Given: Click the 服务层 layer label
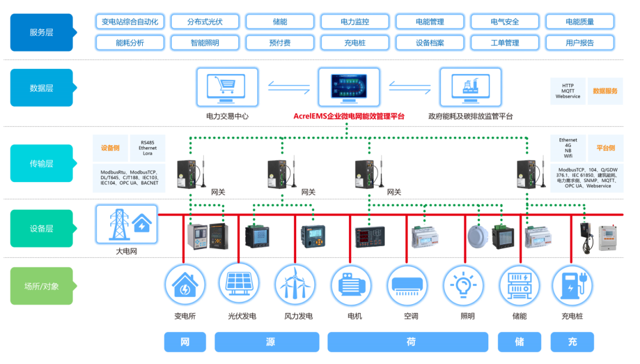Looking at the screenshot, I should pos(41,33).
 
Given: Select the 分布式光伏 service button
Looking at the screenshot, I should pos(204,22).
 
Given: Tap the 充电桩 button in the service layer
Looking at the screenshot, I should pos(354,43).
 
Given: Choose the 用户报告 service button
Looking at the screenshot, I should pos(580,43).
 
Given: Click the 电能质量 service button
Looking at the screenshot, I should pos(580,22).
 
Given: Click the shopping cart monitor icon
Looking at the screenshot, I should pos(228,87).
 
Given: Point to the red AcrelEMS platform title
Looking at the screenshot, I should pos(349,117).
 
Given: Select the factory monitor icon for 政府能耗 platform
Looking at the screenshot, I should pos(470,87).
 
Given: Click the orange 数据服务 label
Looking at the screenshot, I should pos(605,91).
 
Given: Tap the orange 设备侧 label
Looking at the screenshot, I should pos(110,148).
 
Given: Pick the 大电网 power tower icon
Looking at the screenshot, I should pos(126,225).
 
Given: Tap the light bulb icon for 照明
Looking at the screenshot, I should pos(464,284).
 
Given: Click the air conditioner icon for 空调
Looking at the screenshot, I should pos(408,284).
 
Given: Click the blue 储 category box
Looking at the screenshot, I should pos(519,342).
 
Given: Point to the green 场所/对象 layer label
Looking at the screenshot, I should pos(41,286).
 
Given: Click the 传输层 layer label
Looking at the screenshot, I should pos(41,164).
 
